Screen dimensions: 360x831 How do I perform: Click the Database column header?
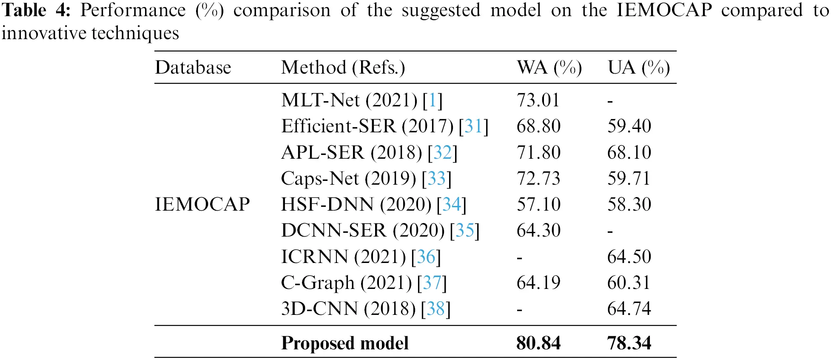[193, 68]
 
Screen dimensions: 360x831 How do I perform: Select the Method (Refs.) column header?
[343, 68]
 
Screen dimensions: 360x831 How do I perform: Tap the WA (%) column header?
[549, 68]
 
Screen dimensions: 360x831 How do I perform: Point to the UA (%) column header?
[639, 68]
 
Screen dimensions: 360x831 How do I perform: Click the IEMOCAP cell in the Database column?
[202, 204]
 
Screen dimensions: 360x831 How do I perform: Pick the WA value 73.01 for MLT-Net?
[538, 100]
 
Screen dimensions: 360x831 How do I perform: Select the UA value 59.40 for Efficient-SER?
[629, 126]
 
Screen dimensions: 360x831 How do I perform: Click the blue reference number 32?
[442, 152]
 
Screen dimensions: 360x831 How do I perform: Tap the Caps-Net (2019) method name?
[348, 179]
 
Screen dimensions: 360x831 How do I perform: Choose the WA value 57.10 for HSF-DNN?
[538, 205]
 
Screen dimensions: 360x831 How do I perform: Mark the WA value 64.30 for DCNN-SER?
[538, 231]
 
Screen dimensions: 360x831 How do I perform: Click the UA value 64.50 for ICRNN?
[629, 257]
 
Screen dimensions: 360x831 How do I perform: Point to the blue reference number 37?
[432, 283]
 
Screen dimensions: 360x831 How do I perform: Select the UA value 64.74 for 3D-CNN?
[629, 309]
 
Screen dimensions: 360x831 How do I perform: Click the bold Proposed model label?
[345, 343]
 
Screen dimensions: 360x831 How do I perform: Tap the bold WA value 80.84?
[538, 343]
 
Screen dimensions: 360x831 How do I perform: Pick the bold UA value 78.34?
[629, 343]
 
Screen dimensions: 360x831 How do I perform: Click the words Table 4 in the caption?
[36, 11]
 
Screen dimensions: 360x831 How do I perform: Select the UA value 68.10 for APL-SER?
[629, 152]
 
